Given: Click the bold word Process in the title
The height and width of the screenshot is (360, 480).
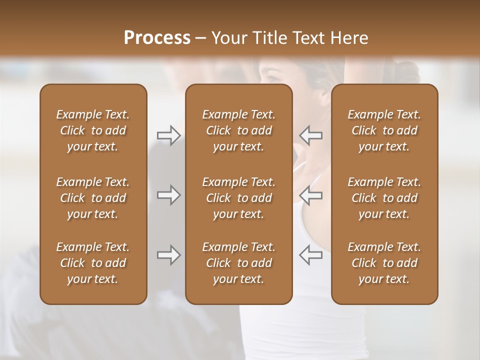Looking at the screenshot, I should (157, 38).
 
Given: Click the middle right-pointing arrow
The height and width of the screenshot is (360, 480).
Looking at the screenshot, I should (169, 195).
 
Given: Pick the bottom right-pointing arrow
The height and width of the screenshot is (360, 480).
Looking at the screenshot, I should (169, 255).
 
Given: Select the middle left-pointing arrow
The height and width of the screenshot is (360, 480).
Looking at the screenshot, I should (310, 195).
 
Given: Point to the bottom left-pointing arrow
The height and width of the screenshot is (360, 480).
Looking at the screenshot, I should (310, 255).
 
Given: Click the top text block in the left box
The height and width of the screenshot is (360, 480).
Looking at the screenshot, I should (93, 130).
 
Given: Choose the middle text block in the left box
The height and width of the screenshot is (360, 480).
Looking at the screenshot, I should (93, 198).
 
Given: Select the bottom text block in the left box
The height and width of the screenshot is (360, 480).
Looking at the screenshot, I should (93, 263).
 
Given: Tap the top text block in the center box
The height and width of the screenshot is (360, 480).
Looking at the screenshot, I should (238, 130).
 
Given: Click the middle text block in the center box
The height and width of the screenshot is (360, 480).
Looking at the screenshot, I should (238, 198).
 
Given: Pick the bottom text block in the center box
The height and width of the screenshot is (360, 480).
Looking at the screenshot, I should (238, 263).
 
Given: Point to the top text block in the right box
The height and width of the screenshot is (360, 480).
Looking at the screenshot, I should (384, 130).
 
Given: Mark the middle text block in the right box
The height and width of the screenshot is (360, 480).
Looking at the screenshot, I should (384, 198).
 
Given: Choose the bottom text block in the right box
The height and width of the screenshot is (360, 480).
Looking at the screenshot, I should (384, 263).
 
